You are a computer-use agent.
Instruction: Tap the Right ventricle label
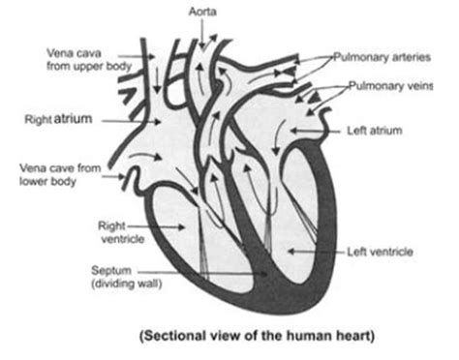(114, 230)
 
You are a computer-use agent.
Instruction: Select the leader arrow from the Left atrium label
(320, 130)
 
